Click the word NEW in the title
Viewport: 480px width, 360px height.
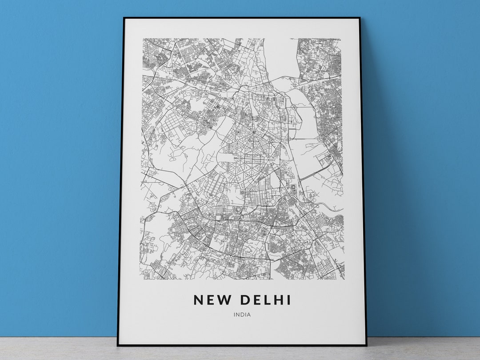(212, 300)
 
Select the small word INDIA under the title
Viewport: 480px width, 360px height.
(242, 315)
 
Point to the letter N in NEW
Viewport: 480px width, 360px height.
(199, 300)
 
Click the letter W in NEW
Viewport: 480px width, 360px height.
(225, 300)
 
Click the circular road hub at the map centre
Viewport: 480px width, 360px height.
(253, 132)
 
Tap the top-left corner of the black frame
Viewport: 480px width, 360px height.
(124, 18)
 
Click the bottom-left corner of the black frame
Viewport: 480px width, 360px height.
(118, 345)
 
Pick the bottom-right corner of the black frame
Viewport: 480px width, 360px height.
(366, 345)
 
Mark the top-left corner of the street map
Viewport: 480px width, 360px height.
(143, 39)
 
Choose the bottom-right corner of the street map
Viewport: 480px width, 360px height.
(344, 280)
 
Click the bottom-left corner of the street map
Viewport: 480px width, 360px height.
(140, 280)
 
